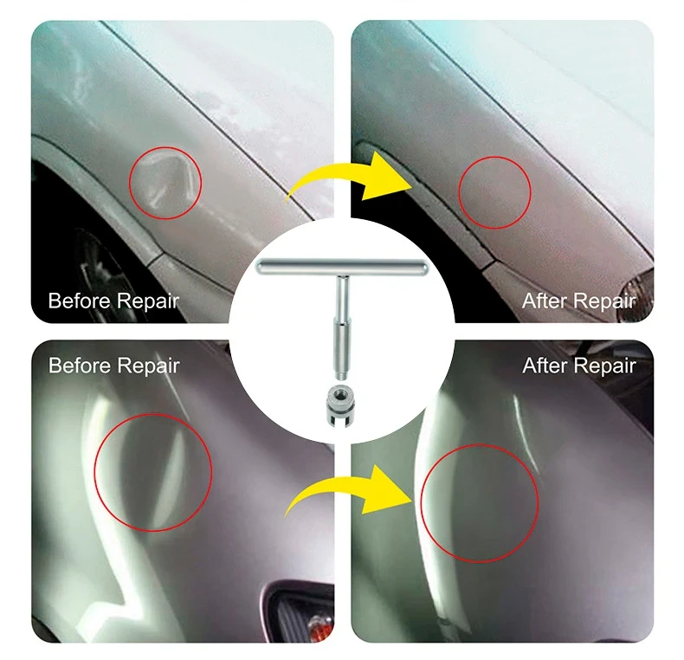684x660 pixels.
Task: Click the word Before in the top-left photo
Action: (80, 301)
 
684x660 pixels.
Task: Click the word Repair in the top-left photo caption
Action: (148, 301)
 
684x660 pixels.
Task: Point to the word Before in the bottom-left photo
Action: (80, 366)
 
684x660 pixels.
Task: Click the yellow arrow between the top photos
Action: (349, 178)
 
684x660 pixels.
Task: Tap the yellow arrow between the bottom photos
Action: (349, 491)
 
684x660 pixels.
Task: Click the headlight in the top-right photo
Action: (638, 288)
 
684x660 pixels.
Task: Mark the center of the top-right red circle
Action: (494, 192)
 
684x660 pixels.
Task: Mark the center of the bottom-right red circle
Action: (480, 503)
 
